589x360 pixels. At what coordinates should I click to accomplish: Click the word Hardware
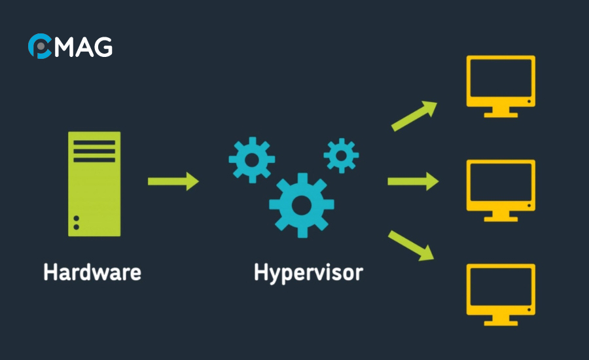click(x=92, y=272)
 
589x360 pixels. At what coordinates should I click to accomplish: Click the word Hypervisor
click(x=308, y=272)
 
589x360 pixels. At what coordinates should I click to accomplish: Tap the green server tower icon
click(x=94, y=183)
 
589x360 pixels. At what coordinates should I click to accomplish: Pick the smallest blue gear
click(x=341, y=156)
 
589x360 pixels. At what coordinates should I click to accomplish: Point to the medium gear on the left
click(x=251, y=160)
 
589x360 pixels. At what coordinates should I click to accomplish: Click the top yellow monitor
click(x=501, y=81)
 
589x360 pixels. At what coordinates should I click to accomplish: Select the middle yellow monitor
click(x=501, y=186)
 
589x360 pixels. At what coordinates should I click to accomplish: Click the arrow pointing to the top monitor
click(x=414, y=116)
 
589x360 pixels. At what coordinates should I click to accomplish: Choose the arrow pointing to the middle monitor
click(x=412, y=181)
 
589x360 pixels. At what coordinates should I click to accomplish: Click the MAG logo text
click(x=84, y=46)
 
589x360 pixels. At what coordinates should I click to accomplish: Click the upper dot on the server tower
click(x=77, y=219)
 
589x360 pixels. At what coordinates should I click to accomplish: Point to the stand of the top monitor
click(x=501, y=113)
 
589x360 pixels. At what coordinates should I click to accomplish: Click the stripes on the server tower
click(x=94, y=151)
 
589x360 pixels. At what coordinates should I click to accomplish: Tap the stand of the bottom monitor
click(x=501, y=321)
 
